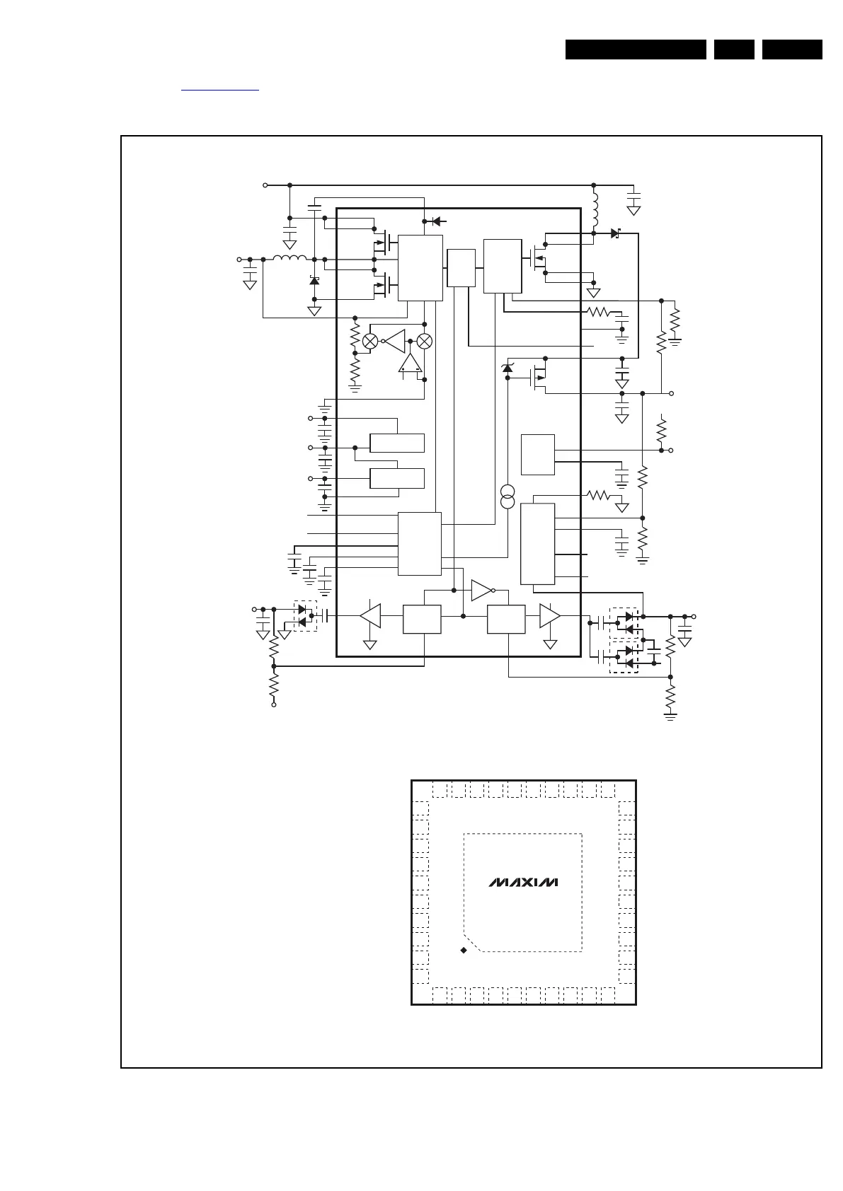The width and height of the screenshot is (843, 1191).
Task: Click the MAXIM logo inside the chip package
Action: [x=523, y=883]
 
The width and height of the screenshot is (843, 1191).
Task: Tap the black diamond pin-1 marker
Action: [x=464, y=950]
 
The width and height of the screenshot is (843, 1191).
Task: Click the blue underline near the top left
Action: [x=220, y=91]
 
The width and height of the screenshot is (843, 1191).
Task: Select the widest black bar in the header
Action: [x=636, y=50]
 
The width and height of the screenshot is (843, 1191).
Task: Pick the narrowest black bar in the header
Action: [x=734, y=50]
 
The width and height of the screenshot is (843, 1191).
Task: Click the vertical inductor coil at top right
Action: [x=595, y=210]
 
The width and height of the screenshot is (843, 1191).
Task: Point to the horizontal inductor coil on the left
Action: [x=289, y=258]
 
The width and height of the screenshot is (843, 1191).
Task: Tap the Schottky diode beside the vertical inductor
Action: [x=616, y=233]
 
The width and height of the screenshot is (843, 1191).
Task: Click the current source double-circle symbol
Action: [x=507, y=496]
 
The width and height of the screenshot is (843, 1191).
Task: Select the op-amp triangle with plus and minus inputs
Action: [x=410, y=363]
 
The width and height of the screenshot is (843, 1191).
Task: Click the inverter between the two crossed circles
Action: [x=394, y=341]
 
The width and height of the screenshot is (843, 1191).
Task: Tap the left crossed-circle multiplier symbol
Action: [x=370, y=342]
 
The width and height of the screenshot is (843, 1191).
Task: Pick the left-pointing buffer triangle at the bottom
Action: [x=370, y=616]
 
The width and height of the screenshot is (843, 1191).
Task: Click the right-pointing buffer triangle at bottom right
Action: [x=550, y=616]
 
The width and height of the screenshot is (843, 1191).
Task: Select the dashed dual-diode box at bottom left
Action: [x=306, y=616]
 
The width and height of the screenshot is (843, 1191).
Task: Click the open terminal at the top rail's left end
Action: [x=265, y=185]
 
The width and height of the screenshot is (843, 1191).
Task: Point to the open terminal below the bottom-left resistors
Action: [x=273, y=704]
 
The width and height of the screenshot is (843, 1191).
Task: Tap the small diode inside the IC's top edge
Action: [x=437, y=221]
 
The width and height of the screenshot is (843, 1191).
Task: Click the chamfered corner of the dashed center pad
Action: [x=473, y=943]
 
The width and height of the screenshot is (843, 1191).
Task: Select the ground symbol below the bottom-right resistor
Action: [x=670, y=716]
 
